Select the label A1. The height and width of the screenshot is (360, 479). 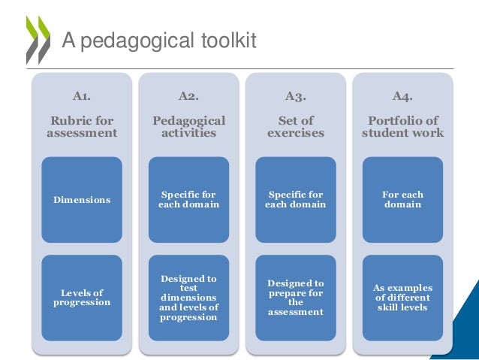coord(82,95)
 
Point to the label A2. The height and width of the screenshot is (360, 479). coord(188,95)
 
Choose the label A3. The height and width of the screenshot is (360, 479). coord(295,95)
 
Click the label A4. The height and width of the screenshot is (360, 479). coord(402,95)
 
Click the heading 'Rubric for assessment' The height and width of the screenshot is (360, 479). coord(82,126)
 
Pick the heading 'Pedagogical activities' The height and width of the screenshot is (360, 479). coord(188,126)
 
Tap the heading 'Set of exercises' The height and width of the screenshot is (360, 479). coord(295,126)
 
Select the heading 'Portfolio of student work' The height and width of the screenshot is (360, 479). coord(402,126)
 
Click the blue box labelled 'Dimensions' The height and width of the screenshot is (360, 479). coord(82,199)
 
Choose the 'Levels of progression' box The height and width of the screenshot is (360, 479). coord(82,297)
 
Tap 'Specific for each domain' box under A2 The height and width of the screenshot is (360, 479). coord(188,199)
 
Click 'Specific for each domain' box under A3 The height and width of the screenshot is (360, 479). coord(295,199)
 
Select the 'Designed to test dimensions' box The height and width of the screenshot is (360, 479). coord(188,297)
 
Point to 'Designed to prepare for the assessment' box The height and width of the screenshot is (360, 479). coord(295,297)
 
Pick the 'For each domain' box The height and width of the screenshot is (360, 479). coord(402,199)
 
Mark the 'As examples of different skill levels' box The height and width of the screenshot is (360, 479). coord(402,297)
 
